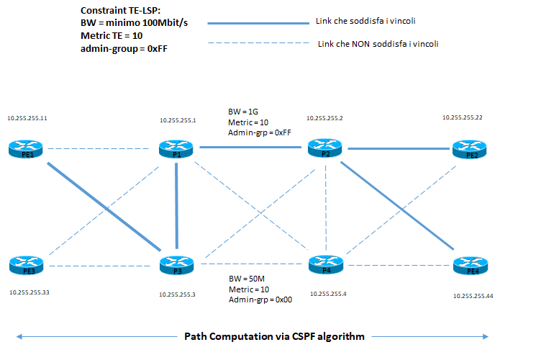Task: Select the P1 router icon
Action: pos(176,149)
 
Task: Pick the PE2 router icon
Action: pos(470,149)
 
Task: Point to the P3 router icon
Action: pos(177,266)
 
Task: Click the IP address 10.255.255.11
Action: pos(27,117)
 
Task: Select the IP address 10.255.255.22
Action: pos(462,117)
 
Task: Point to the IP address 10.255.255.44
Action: pos(473,296)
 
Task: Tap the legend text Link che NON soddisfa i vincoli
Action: pos(378,44)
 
